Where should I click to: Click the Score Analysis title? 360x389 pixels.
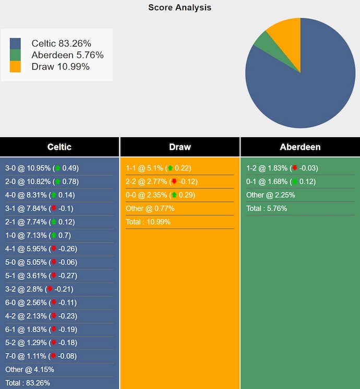[x=179, y=7]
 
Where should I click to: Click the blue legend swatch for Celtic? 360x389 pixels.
[x=15, y=44]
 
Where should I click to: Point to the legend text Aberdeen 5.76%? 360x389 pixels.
[x=67, y=55]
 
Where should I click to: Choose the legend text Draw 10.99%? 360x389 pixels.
[x=61, y=67]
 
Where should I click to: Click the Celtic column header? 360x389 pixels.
[x=59, y=147]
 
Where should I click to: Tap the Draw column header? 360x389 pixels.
[x=180, y=147]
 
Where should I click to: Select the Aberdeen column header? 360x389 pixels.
[x=300, y=147]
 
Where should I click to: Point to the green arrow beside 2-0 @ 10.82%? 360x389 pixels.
[x=58, y=182]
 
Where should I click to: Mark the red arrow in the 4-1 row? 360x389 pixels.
[x=54, y=249]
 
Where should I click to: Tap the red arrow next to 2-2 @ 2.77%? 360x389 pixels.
[x=174, y=182]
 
